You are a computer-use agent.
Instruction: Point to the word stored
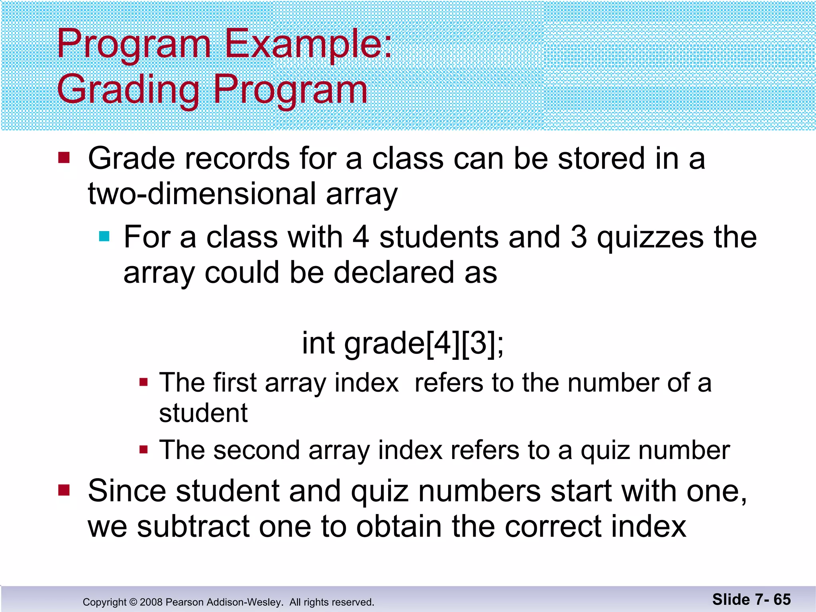(x=601, y=159)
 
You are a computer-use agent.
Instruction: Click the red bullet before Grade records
(x=64, y=158)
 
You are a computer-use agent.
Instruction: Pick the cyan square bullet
(x=104, y=237)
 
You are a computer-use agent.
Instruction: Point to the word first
(x=234, y=383)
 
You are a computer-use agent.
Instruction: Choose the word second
(x=256, y=451)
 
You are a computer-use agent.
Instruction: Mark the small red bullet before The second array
(x=144, y=451)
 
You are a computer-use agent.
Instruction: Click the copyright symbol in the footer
(x=133, y=602)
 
